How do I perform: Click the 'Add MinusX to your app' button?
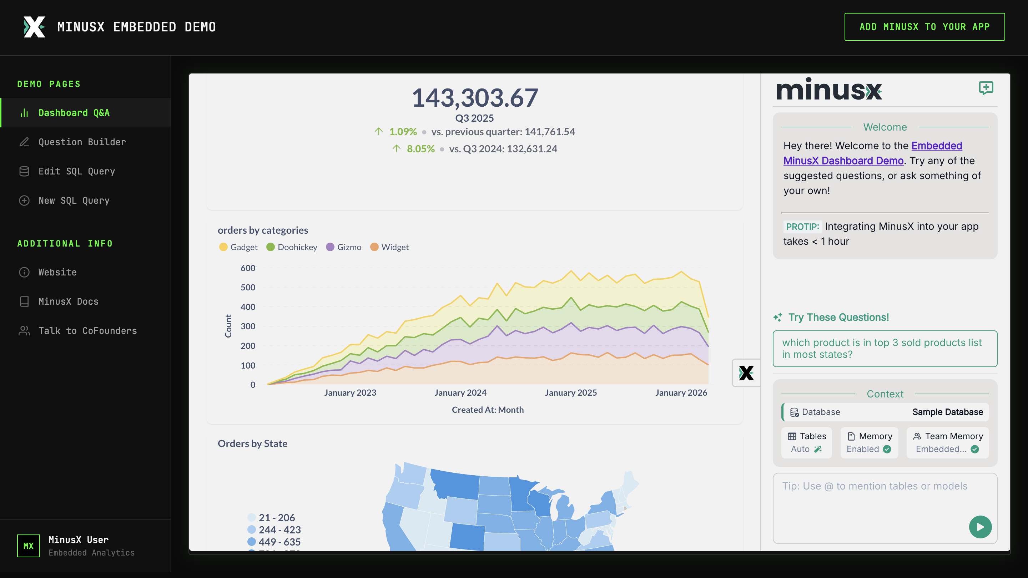pos(924,27)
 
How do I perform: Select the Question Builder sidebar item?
pos(82,142)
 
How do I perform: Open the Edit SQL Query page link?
pos(77,171)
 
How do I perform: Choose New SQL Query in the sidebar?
pos(74,200)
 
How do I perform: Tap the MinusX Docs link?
pos(68,301)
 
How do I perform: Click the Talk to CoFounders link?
pos(87,331)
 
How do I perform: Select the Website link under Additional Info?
pos(57,272)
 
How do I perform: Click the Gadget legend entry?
pos(239,247)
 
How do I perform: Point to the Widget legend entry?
pos(389,247)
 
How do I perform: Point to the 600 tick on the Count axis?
pos(248,268)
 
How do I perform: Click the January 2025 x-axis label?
pos(571,392)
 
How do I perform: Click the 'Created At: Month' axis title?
pos(488,410)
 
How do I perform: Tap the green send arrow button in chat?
pos(980,527)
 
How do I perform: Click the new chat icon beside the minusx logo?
pos(986,88)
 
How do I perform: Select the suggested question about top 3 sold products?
pos(885,349)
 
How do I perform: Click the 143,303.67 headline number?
pos(475,98)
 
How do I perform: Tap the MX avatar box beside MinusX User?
pos(28,546)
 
